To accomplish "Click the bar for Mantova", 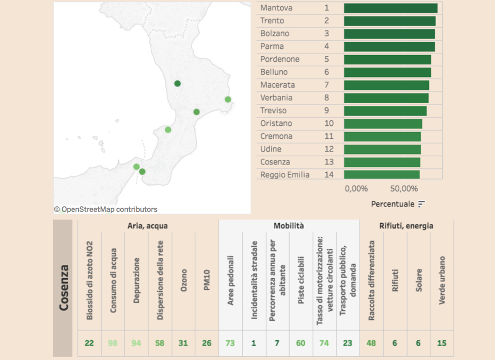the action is [391, 8].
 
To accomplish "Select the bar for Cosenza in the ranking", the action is [382, 162].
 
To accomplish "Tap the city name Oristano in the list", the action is [276, 123].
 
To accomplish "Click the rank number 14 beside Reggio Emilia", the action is [329, 175].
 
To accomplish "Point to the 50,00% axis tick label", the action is [404, 189].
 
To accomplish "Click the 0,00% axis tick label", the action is [356, 189].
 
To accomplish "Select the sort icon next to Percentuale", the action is [421, 204].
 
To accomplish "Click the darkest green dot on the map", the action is [177, 83].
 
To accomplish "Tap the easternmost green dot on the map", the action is [228, 100].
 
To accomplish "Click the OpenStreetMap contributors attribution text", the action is [105, 209].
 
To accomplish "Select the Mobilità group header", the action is [289, 225].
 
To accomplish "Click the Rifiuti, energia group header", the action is [406, 225].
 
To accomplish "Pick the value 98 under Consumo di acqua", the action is [113, 343].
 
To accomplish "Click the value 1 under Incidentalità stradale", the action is [253, 343].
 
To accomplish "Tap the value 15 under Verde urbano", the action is [442, 343].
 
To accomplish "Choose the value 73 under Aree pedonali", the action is [230, 343].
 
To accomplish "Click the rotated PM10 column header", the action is [207, 280].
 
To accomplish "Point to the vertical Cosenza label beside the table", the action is [64, 287].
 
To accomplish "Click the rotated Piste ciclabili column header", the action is [301, 280].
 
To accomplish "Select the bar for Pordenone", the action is [387, 60].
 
